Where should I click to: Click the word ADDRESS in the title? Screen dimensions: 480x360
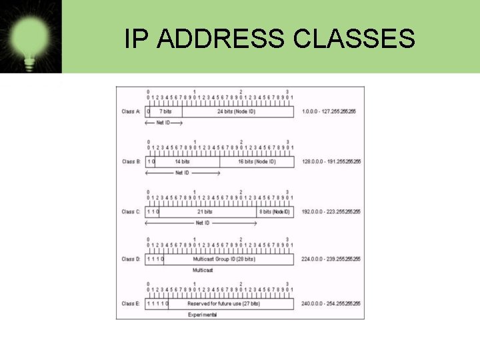coord(217,39)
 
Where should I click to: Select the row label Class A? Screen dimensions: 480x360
coord(131,111)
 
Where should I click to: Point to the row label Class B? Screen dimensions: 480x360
coord(131,161)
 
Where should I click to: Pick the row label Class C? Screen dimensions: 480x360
coord(131,211)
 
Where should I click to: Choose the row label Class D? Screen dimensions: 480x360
coord(131,259)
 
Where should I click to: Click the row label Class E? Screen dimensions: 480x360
coord(131,303)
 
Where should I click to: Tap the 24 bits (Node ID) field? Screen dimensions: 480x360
coord(237,111)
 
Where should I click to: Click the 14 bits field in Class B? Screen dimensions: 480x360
coord(182,161)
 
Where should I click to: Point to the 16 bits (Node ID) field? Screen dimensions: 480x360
coord(257,161)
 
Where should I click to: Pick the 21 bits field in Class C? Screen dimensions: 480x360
coord(205,211)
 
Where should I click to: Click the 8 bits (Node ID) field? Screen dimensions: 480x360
coord(275,211)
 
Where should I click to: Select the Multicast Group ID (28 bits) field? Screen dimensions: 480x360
coord(224,259)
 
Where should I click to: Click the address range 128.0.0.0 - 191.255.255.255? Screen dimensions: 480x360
coord(331,161)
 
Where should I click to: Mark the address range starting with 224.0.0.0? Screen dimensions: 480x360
coord(331,259)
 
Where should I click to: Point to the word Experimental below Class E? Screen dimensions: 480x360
coord(202,314)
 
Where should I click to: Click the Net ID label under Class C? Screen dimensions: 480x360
coord(203,223)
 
